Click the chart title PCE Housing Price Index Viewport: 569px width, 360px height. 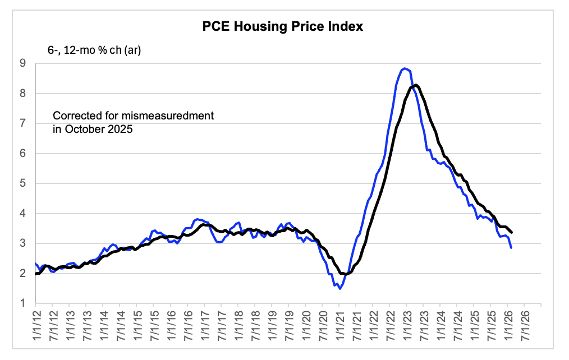coord(283,26)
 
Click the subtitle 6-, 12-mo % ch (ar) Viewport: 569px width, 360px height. coord(94,51)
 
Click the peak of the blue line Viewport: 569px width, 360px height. coord(405,68)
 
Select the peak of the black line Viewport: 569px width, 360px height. coord(416,85)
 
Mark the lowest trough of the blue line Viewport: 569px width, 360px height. coord(340,288)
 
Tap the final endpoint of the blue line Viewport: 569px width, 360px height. coord(511,247)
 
